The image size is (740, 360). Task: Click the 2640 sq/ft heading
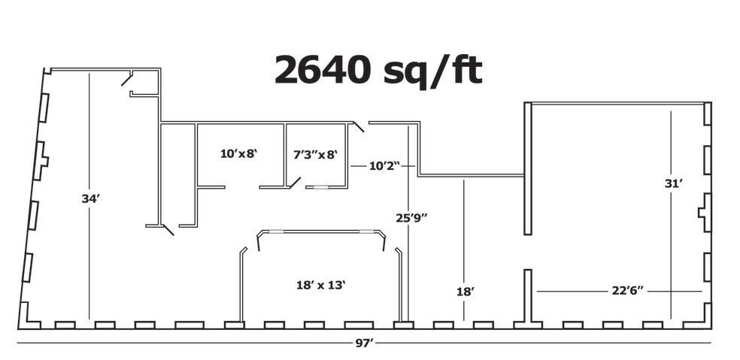378,71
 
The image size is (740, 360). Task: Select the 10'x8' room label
239,153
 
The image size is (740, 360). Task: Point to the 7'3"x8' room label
316,154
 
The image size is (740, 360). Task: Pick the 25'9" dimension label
411,217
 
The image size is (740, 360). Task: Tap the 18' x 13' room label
321,285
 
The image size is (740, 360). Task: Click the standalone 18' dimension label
465,292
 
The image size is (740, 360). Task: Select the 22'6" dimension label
628,291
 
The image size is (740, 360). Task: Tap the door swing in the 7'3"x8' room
295,183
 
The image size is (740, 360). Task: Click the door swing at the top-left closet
126,79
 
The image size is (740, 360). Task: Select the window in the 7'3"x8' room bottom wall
321,187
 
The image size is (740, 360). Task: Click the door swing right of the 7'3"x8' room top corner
359,126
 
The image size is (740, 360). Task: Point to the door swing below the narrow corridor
168,230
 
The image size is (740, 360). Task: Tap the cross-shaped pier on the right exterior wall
705,213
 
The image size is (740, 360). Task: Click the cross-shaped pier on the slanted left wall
41,161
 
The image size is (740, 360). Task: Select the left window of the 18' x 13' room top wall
276,231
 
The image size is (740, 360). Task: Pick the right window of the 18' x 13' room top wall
366,231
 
